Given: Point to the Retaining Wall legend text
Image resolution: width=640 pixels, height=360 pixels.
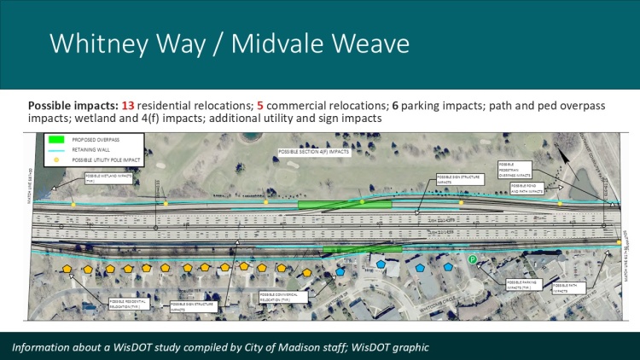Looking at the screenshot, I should [100, 150].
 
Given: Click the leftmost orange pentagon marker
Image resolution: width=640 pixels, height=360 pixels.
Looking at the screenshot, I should [66, 270].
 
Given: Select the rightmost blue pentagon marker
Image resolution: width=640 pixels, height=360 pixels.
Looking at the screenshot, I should [449, 266].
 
